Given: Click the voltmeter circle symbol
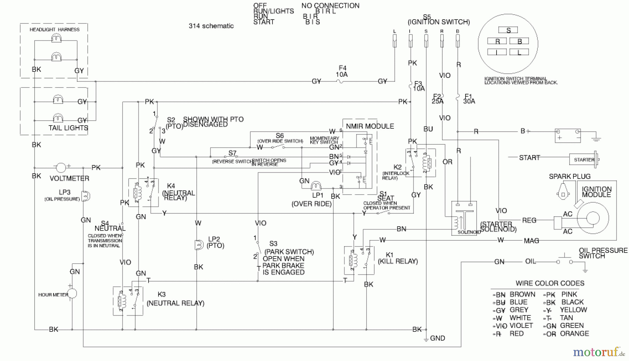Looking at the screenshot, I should click(61, 168).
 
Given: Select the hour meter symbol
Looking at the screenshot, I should click(72, 294).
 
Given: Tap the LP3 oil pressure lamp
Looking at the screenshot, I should click(86, 196).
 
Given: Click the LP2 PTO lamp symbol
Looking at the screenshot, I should click(199, 245).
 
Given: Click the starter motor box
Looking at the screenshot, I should click(584, 160).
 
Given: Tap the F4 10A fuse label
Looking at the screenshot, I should click(342, 71).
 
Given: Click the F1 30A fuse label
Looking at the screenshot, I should click(469, 99).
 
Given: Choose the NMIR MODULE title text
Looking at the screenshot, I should click(370, 126).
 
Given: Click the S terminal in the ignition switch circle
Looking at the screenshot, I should click(508, 30).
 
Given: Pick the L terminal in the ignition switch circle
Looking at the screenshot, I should click(519, 53).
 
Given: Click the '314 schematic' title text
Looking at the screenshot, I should click(211, 26).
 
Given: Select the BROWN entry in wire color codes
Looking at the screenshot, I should click(522, 294).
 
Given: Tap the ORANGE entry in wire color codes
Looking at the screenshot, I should click(574, 333).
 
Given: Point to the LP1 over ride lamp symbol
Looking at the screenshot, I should click(316, 186).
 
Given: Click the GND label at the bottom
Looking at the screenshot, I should click(437, 338).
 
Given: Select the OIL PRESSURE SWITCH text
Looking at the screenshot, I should click(603, 253).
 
